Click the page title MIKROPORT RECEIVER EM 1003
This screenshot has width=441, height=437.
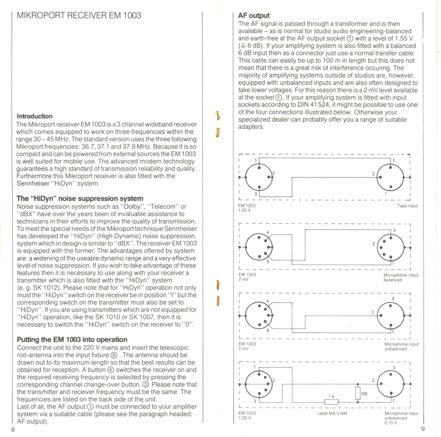[x=79, y=15]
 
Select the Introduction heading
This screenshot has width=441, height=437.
[x=34, y=116]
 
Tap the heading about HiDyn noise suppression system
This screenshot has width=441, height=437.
[x=80, y=199]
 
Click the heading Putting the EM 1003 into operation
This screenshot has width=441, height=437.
[x=72, y=339]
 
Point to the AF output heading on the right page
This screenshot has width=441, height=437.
[x=253, y=15]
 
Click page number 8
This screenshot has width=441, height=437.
[x=13, y=429]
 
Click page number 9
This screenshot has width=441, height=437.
[x=422, y=429]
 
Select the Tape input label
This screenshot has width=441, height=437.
[x=407, y=206]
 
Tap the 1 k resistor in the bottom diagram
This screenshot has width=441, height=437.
[x=331, y=402]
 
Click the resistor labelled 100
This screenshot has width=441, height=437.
[x=357, y=393]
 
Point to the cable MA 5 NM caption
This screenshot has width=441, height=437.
[x=332, y=413]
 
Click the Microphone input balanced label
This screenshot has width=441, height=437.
[x=401, y=278]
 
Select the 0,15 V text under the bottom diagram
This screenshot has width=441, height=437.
[x=391, y=423]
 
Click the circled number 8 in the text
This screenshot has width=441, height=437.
[x=114, y=355]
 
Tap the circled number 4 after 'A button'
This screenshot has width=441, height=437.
[x=111, y=370]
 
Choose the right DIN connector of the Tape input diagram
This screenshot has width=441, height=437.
[x=390, y=177]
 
